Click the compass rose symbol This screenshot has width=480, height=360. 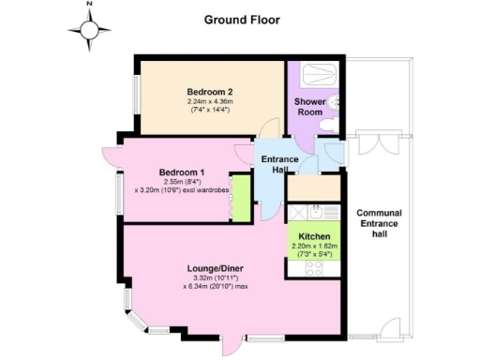point(89,30)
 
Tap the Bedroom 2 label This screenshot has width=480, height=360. point(208,91)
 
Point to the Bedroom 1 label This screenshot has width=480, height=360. point(181,173)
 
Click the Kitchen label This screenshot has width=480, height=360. point(314,235)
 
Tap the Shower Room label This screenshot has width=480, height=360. point(309,106)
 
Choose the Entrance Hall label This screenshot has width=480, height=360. point(279,165)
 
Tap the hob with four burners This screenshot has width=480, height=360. point(314,267)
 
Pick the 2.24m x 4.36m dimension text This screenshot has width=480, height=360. point(208,102)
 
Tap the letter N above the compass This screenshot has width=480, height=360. point(89,5)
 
